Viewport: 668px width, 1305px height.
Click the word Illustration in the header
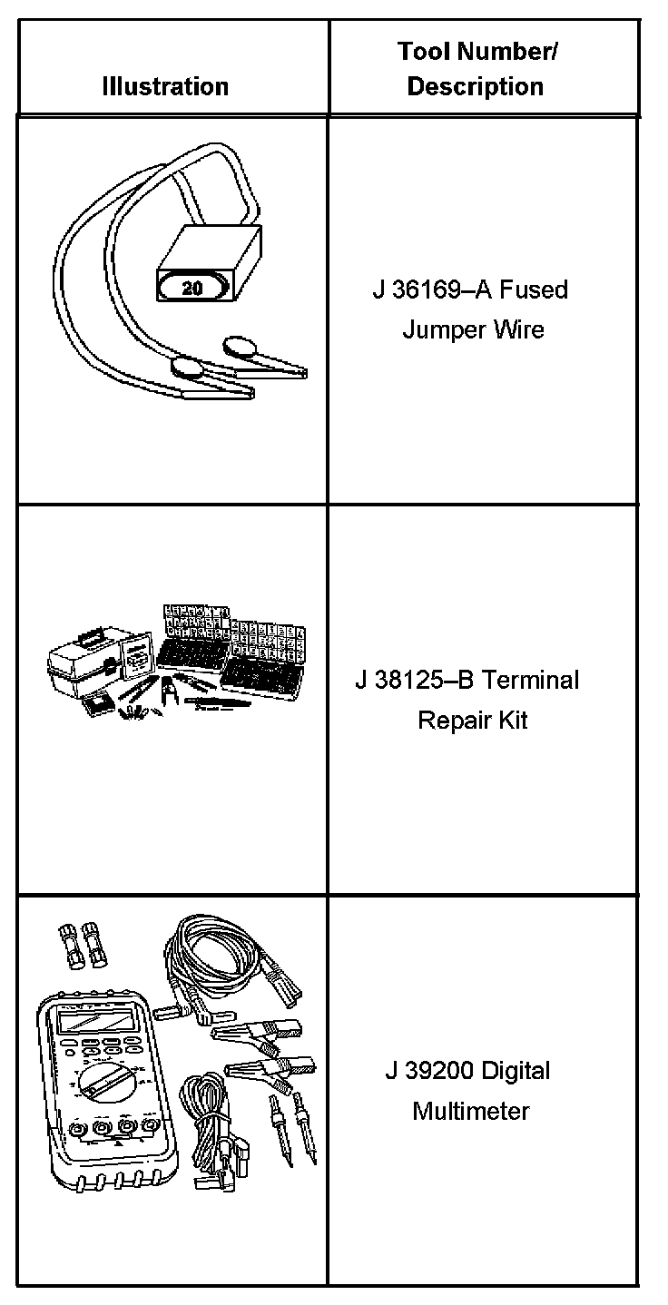tap(165, 87)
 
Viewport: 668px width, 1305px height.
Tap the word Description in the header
tap(475, 87)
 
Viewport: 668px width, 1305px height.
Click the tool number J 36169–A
tap(429, 290)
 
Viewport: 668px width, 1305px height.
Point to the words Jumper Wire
tap(473, 329)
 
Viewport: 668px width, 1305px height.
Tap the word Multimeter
tap(471, 1111)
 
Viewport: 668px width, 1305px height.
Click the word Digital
tap(515, 1071)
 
